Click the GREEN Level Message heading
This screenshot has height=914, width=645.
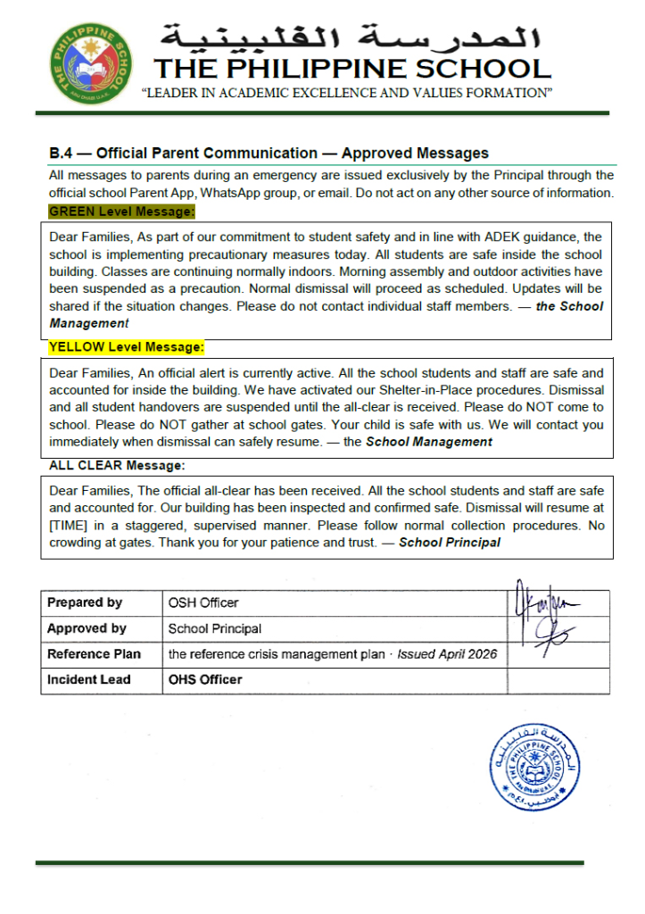[121, 212]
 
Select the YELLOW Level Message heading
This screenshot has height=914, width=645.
[127, 346]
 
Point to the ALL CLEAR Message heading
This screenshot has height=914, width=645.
[117, 466]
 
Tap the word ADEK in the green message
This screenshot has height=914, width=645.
[502, 237]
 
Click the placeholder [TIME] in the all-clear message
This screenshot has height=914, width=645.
[71, 526]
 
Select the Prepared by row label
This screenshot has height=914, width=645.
[85, 602]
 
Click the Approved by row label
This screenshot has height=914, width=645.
[87, 628]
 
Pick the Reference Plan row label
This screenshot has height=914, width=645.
[94, 654]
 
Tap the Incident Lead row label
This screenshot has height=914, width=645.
[89, 679]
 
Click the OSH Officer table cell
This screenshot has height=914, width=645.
[203, 602]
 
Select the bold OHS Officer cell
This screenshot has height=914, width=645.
[205, 679]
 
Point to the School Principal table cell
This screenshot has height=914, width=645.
[215, 628]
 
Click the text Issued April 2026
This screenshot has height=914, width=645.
[447, 654]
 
